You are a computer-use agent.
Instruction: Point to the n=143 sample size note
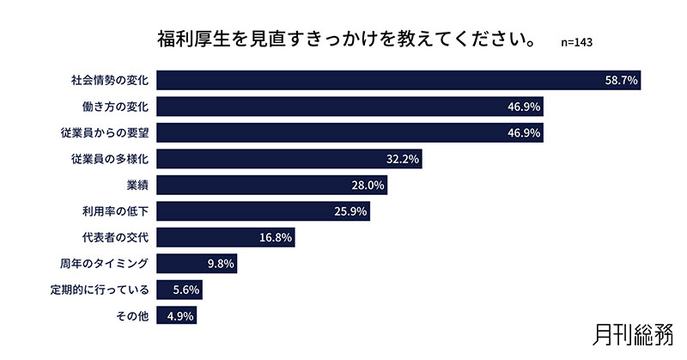pyautogui.click(x=576, y=42)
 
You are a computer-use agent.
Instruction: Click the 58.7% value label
pyautogui.click(x=620, y=81)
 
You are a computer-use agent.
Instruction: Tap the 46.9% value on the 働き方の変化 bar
pyautogui.click(x=523, y=107)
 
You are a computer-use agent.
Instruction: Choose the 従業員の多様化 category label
pyautogui.click(x=110, y=159)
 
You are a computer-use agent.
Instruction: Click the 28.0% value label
pyautogui.click(x=368, y=186)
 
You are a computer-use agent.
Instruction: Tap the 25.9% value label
pyautogui.click(x=350, y=211)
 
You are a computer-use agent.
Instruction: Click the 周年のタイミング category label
pyautogui.click(x=105, y=264)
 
